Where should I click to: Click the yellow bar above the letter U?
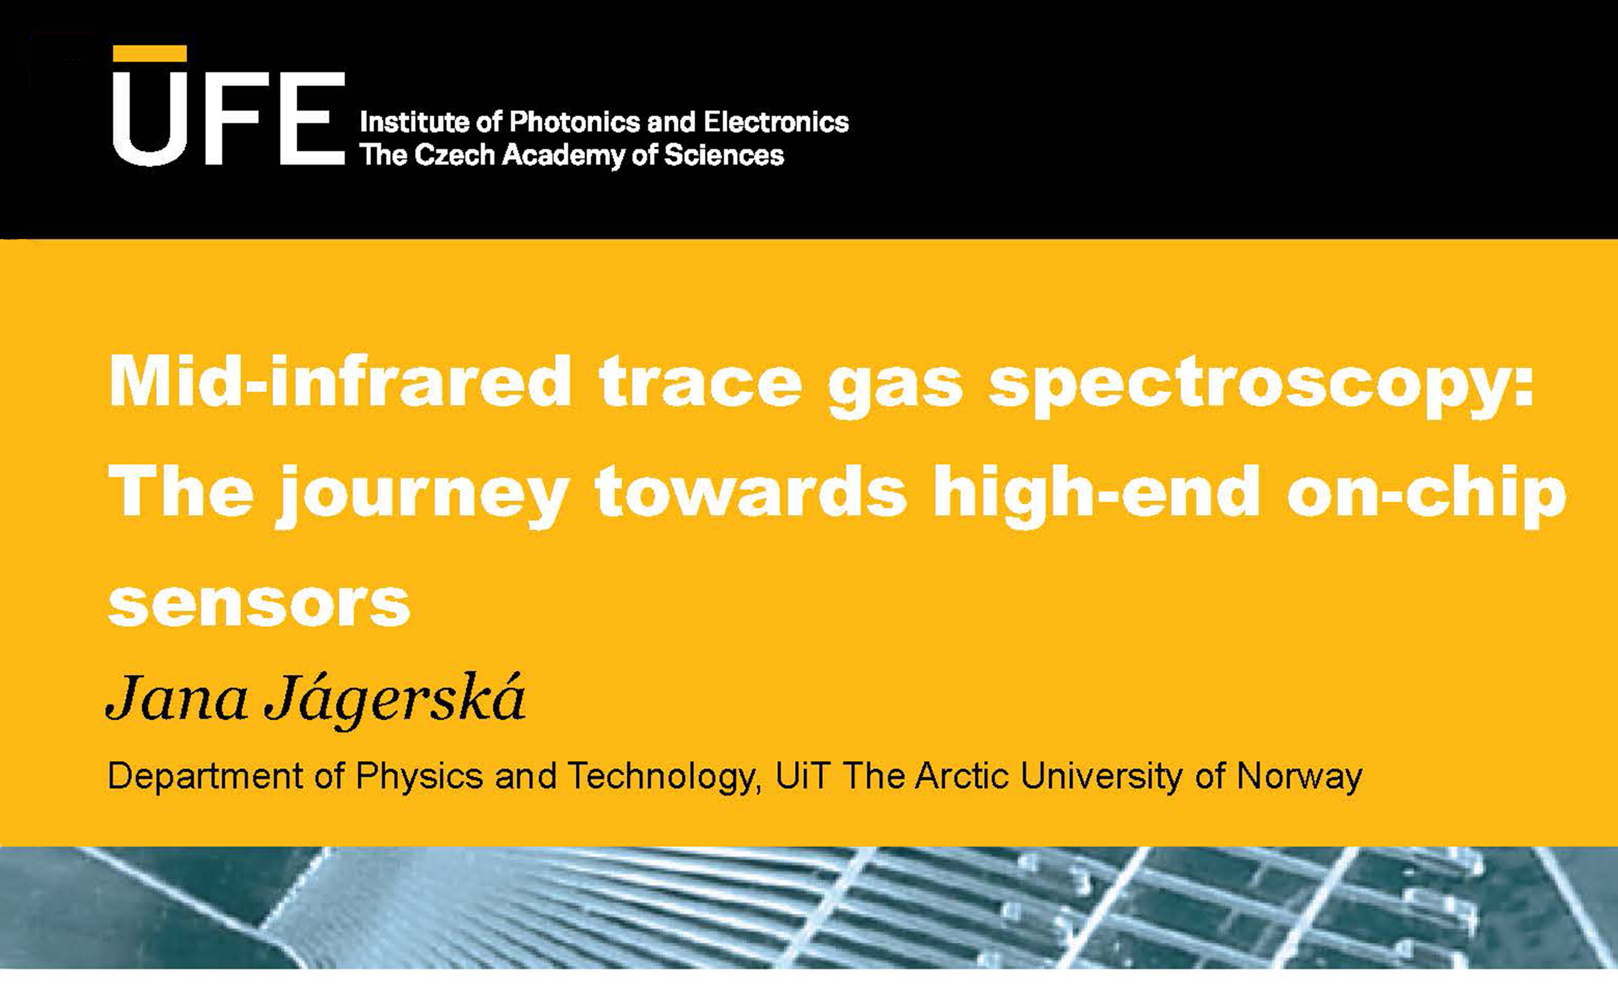click(150, 54)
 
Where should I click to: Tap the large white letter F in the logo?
click(231, 118)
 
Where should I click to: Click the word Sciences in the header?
click(724, 155)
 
